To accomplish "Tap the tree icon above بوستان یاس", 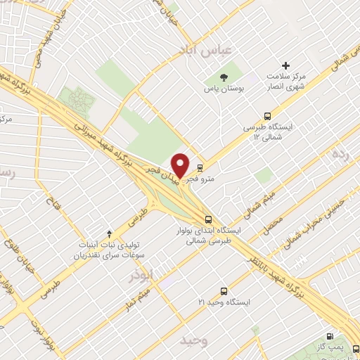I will pos(224,77).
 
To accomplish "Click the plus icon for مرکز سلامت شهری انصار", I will pos(285,65).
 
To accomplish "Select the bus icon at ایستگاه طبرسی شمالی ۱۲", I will pos(266,116).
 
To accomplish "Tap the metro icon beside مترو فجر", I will pos(200,167).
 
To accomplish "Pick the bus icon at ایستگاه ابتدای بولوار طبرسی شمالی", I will pos(208,219).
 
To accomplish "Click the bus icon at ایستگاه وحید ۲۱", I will pos(224,290).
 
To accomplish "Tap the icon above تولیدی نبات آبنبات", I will pos(109,233).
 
